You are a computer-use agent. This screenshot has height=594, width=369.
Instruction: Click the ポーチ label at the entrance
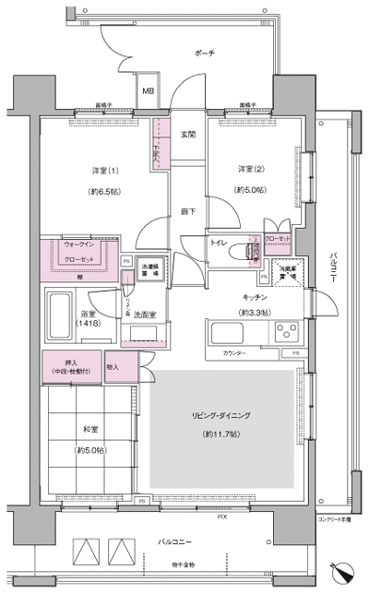pos(204,53)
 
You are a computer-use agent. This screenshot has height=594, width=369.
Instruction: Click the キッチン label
pos(255,297)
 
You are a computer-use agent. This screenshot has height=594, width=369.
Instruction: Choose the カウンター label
pos(234,353)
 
